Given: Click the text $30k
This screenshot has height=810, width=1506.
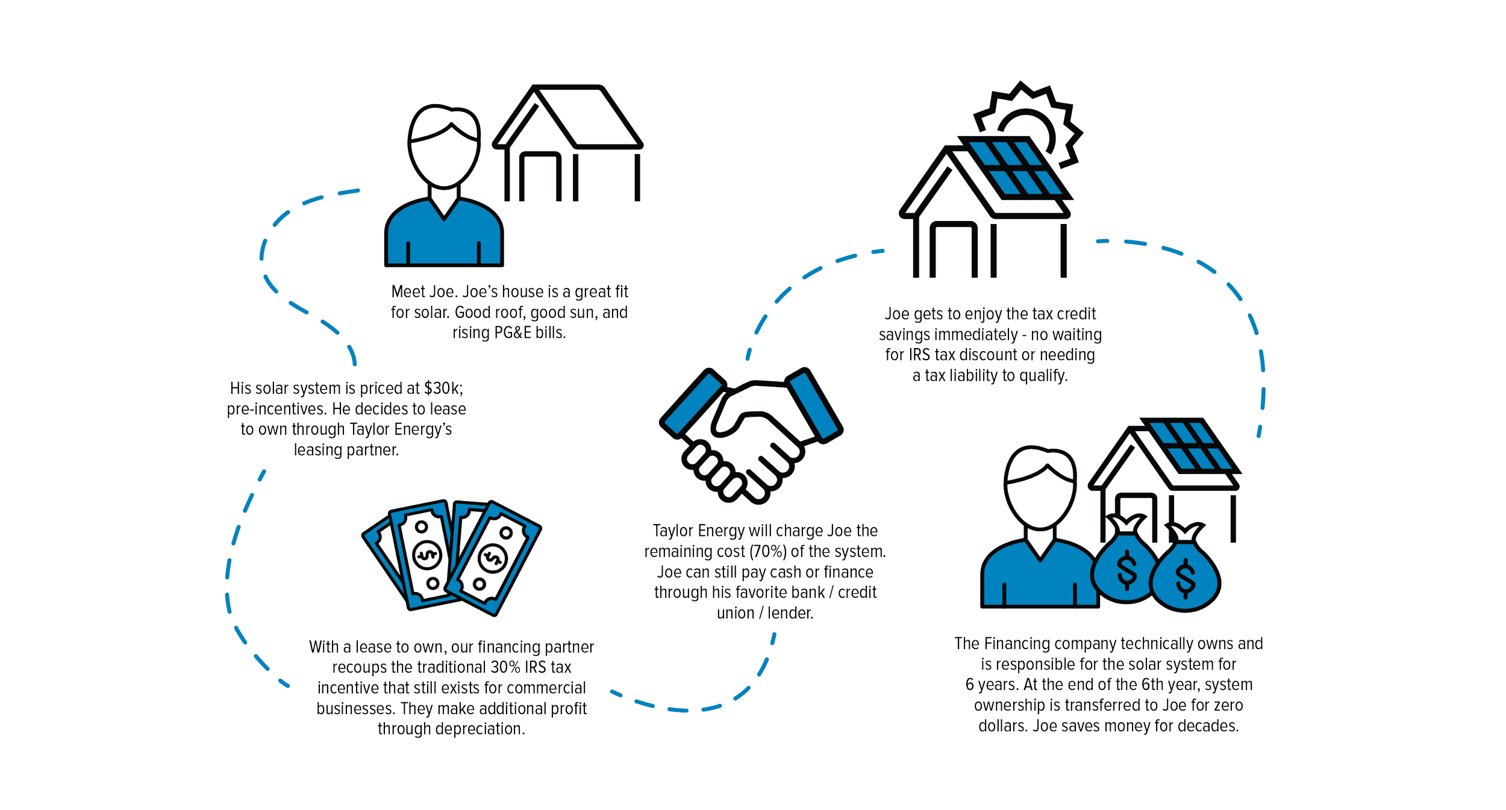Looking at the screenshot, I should tap(443, 388).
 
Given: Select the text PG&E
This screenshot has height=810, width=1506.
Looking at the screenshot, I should tap(511, 333).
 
